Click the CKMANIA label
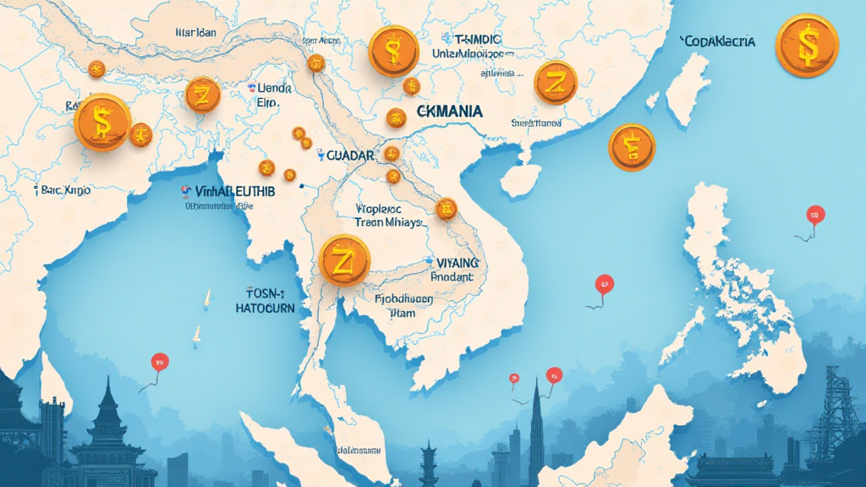[450, 112]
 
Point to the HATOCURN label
[265, 309]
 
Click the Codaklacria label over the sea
[717, 41]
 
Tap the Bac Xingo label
[66, 191]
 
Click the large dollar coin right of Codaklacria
[806, 45]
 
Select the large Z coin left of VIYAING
[344, 260]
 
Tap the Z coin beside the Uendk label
[202, 95]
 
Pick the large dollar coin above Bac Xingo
[101, 122]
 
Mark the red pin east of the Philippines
[815, 214]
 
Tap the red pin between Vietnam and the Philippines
[604, 284]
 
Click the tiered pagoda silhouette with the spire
[108, 423]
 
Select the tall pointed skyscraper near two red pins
[536, 431]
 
